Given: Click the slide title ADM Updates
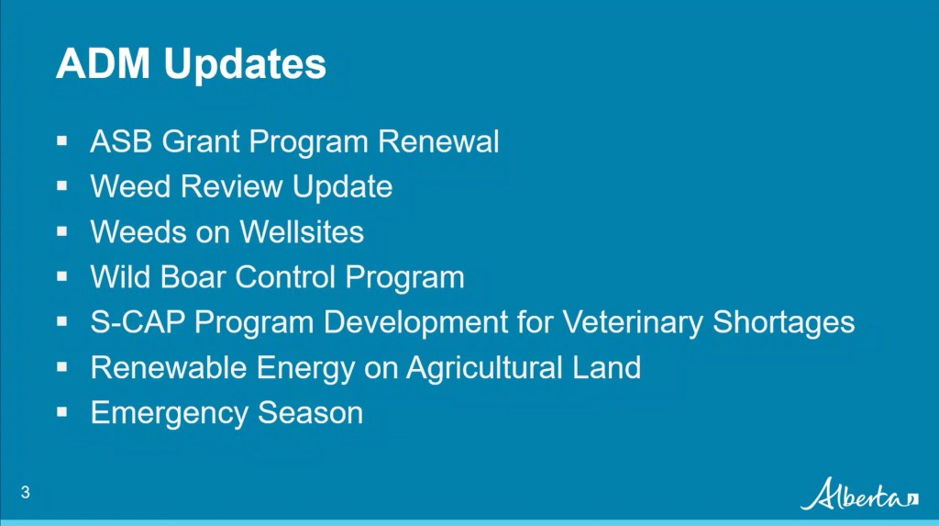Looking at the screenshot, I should coord(191,65).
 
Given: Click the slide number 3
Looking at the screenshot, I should coord(26,493).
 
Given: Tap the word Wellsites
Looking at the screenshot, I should coord(302,232).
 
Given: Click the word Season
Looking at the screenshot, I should coord(310,413).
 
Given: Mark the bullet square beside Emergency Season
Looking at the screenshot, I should coord(62,412).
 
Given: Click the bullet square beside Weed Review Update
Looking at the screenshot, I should coord(62,186).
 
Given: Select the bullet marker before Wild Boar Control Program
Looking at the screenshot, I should coord(62,276).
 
